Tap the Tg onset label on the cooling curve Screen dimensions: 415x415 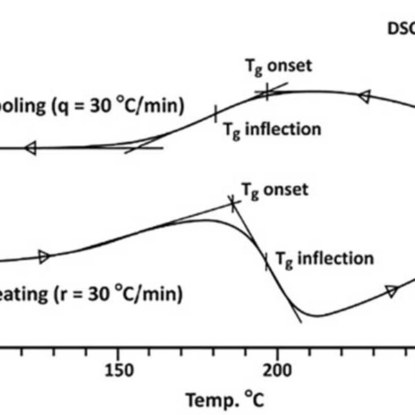click(x=279, y=66)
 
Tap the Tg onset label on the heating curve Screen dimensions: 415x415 click(x=275, y=190)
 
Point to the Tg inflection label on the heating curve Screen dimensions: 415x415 click(x=324, y=259)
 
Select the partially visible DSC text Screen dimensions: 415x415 click(x=399, y=30)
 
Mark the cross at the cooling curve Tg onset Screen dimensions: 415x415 click(x=267, y=91)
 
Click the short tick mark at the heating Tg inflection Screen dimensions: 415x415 click(x=266, y=261)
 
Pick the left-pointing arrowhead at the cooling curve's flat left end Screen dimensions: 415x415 click(x=30, y=147)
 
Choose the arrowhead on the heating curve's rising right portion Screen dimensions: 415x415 click(x=391, y=291)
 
